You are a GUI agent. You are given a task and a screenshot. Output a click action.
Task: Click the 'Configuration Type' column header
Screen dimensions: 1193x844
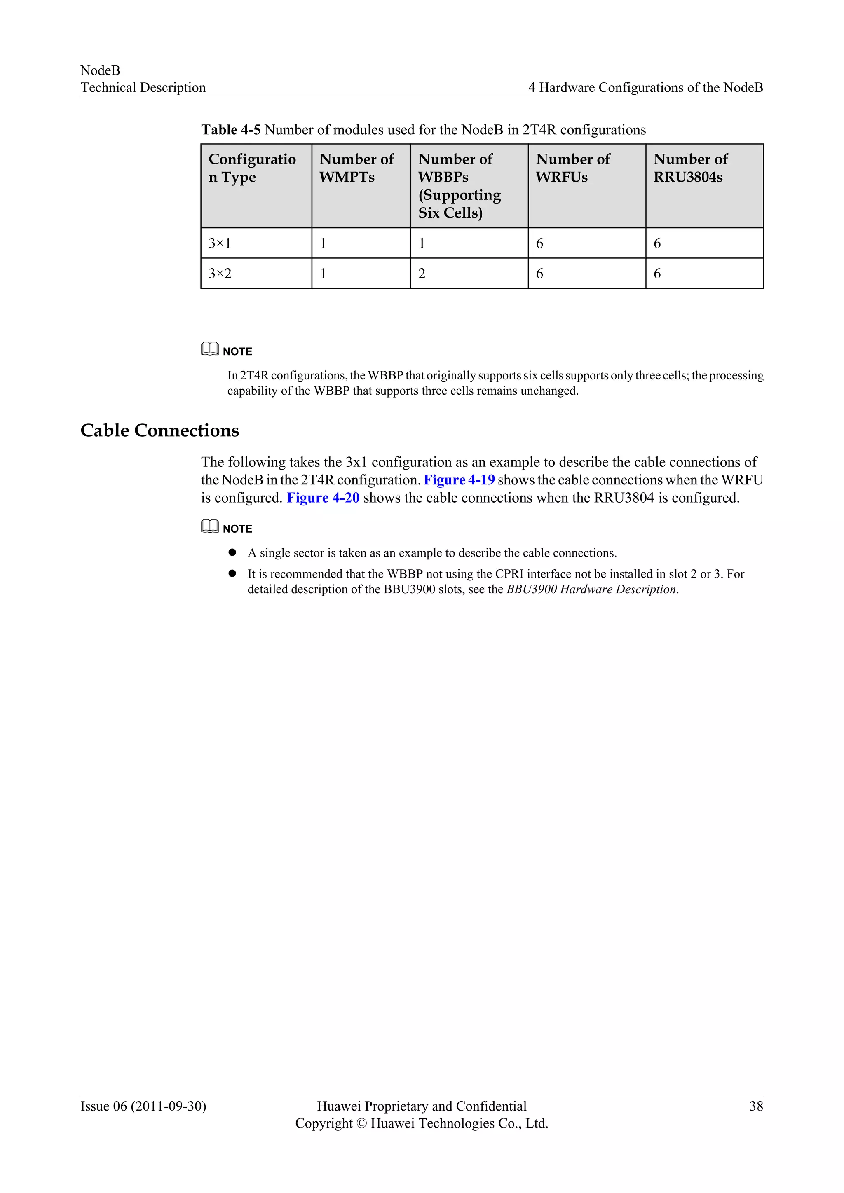(x=252, y=168)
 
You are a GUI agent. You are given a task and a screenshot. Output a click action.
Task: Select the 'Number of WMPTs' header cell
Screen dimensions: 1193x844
(x=356, y=168)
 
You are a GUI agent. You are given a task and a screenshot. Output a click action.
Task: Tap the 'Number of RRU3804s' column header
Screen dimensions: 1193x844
(x=690, y=168)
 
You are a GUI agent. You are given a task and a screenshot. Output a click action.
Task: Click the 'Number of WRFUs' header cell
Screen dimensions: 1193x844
(x=573, y=168)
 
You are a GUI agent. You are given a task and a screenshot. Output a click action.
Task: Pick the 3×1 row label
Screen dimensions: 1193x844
(x=220, y=243)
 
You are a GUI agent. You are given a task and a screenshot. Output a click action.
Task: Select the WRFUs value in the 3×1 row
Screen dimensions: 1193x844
(x=539, y=243)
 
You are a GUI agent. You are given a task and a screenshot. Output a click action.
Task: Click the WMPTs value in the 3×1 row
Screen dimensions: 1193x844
(x=323, y=243)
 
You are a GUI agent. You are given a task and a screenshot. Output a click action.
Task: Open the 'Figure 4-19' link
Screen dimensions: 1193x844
(x=459, y=480)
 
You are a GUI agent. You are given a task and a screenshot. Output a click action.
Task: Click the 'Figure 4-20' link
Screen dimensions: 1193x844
(x=323, y=498)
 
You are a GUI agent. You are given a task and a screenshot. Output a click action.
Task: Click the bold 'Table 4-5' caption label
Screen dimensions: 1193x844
(x=231, y=129)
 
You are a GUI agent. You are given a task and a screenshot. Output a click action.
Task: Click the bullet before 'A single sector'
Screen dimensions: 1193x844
(x=232, y=552)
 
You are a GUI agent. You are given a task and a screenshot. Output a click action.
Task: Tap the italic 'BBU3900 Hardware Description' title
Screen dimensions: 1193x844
(x=591, y=589)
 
